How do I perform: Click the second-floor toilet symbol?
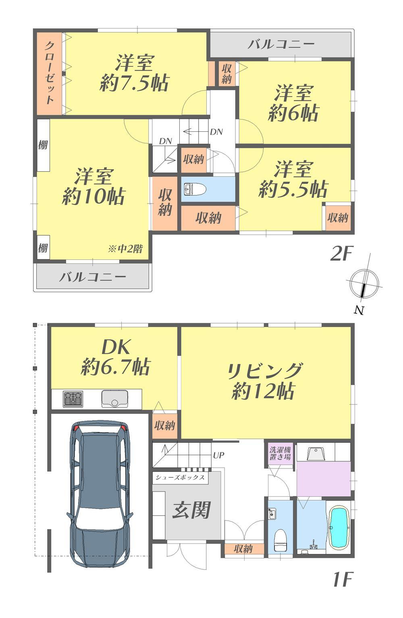[x=195, y=189]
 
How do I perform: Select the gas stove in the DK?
[x=73, y=399]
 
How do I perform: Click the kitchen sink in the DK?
[x=114, y=399]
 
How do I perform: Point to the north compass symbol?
[x=364, y=284]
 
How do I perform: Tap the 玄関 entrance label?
[x=191, y=510]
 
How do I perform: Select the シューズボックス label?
[x=180, y=477]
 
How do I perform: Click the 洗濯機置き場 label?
[x=280, y=453]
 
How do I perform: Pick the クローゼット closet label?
[x=50, y=73]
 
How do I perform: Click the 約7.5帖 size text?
[x=134, y=83]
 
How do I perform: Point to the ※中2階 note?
[x=125, y=249]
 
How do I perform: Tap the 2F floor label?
[x=342, y=253]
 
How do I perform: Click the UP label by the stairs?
[x=218, y=455]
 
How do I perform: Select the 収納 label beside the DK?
[x=164, y=426]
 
